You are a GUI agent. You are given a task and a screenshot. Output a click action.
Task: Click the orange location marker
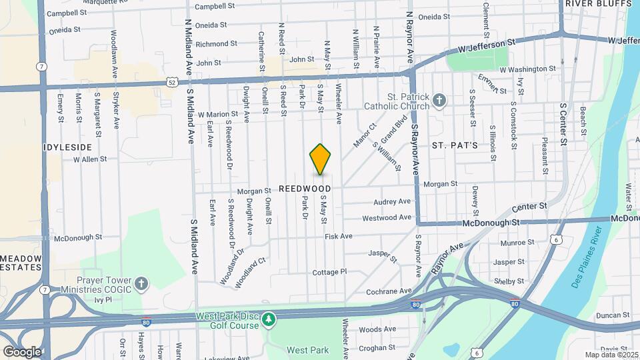tap(321, 159)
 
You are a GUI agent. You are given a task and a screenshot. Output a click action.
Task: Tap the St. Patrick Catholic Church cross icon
tap(439, 100)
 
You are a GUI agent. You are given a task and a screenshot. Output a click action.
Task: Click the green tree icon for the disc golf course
tap(268, 321)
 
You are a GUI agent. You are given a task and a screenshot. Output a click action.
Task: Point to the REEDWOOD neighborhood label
tap(305, 189)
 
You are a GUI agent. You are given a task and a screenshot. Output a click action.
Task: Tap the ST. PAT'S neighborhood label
tap(455, 145)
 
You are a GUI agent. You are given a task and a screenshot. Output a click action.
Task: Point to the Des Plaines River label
tap(587, 257)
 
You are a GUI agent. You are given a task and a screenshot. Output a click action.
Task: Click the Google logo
tap(21, 351)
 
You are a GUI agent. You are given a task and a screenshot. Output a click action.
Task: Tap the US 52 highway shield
tap(172, 83)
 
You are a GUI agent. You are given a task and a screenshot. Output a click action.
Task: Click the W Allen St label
tap(90, 159)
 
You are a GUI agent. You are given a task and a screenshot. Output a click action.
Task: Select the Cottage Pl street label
tap(330, 272)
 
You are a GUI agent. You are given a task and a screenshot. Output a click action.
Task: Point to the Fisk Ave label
tap(338, 236)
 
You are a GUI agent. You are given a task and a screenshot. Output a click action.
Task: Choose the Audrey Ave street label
tap(392, 201)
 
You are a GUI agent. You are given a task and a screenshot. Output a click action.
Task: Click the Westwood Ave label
tap(387, 218)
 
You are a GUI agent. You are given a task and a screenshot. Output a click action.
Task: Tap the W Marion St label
tap(217, 114)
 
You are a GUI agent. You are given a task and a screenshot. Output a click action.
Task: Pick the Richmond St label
tap(216, 44)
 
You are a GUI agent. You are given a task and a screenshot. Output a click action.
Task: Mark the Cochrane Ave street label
tap(390, 291)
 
